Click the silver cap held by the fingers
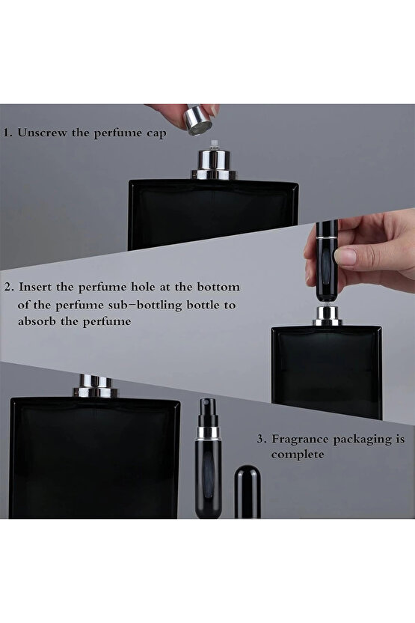point(198,120)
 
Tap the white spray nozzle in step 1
point(215,145)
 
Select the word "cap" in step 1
point(156,134)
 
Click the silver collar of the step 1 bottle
point(214,165)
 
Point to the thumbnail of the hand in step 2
point(345,256)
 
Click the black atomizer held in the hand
point(327,262)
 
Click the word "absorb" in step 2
point(37,320)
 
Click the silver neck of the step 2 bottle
point(328,316)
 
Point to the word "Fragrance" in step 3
point(300,439)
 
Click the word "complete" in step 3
point(298,455)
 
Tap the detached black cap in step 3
point(248,492)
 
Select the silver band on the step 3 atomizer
point(208,434)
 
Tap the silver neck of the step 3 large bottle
point(95,386)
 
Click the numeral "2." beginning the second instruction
point(10,287)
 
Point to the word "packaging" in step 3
point(361,440)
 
